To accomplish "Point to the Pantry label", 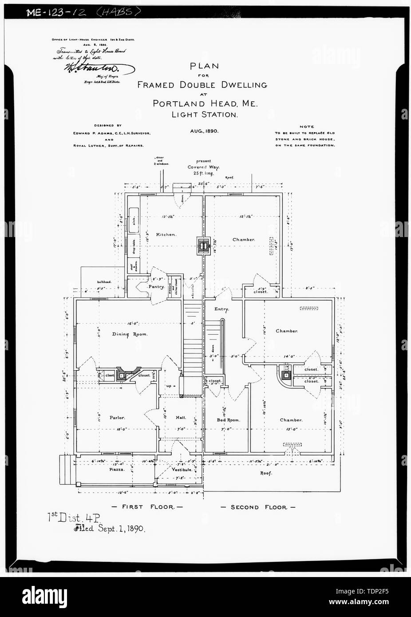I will click(157, 287).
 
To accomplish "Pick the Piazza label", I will click(118, 469).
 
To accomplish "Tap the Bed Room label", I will click(228, 420).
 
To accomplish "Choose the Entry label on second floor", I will click(221, 309).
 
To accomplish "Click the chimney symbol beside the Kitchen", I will click(203, 245).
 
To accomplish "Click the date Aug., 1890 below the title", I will click(204, 131).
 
